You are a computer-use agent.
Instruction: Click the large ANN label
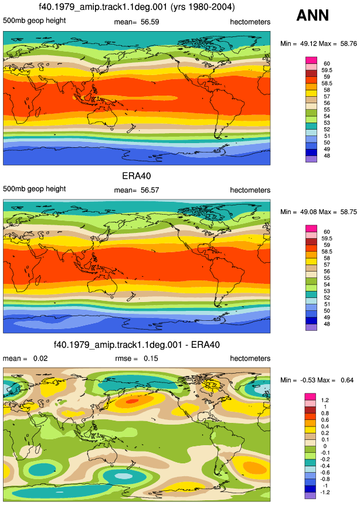[x=313, y=15]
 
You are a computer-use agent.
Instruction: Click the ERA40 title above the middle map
[x=137, y=176]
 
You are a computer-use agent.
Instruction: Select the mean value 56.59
[x=150, y=22]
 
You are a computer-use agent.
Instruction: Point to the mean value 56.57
[x=150, y=190]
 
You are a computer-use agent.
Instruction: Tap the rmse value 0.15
[x=151, y=358]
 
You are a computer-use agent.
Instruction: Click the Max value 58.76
[x=348, y=43]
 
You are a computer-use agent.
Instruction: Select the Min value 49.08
[x=308, y=212]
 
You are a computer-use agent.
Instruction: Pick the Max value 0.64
[x=347, y=380]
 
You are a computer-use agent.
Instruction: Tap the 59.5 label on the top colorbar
[x=327, y=70]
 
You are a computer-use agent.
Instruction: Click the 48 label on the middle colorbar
[x=327, y=324]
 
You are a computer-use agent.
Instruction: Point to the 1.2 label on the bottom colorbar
[x=325, y=400]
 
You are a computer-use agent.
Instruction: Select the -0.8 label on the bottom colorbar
[x=325, y=479]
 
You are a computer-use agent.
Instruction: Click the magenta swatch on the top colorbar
[x=311, y=60]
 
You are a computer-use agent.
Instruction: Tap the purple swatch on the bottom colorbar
[x=310, y=496]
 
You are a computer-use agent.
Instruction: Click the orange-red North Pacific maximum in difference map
[x=133, y=401]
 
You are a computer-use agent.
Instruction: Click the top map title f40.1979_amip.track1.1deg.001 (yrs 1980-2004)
[x=137, y=7]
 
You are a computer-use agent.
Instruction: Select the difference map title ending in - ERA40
[x=137, y=345]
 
